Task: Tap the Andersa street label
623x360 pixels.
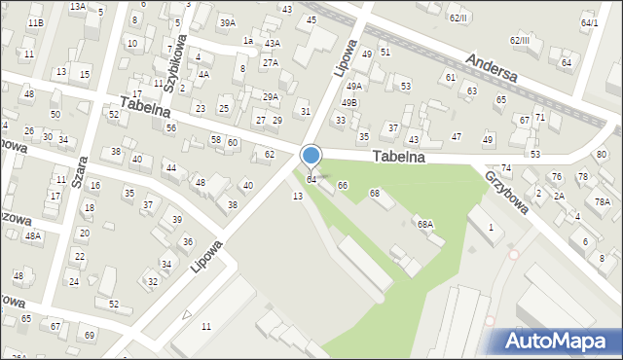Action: (x=493, y=69)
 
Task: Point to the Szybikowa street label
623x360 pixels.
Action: (x=174, y=68)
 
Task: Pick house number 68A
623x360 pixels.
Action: (x=424, y=224)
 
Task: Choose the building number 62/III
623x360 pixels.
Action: (x=519, y=40)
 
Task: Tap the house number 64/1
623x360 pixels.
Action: (x=589, y=22)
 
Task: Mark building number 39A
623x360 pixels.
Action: (x=227, y=22)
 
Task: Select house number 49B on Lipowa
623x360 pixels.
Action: (x=348, y=102)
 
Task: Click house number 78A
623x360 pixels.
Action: (x=603, y=201)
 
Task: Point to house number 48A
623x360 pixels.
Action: (x=33, y=235)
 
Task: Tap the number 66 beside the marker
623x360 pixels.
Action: (x=342, y=184)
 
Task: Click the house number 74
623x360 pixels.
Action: (x=505, y=168)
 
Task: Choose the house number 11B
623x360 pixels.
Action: (x=35, y=21)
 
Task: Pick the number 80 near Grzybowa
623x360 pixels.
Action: (x=601, y=154)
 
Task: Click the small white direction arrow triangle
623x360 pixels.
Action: (x=187, y=314)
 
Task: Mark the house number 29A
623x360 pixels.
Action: (x=270, y=96)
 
